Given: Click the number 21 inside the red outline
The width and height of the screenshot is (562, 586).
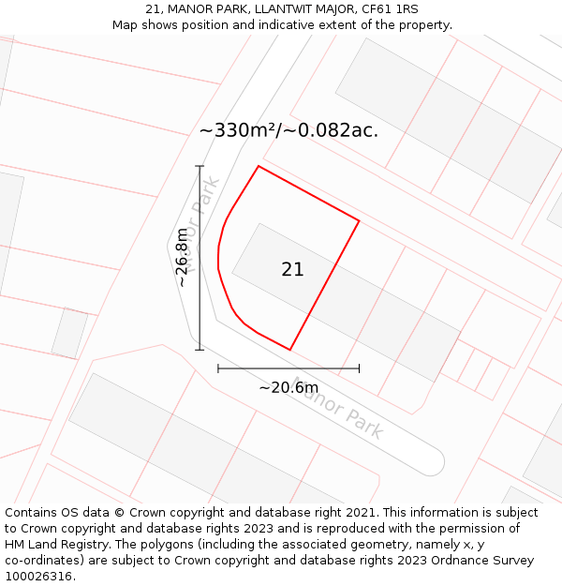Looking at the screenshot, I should (x=292, y=270).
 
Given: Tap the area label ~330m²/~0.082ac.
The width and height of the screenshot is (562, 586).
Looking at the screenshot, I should (x=288, y=131).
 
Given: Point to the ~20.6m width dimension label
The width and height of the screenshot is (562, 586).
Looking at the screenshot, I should (x=288, y=387).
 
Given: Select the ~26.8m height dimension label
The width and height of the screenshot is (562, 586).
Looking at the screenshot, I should (x=183, y=257).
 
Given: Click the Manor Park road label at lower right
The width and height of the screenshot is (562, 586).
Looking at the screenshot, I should (x=338, y=408).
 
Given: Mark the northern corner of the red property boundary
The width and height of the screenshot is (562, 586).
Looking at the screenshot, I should (x=259, y=167).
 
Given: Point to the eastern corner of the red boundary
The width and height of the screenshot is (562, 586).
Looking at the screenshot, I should (x=359, y=221).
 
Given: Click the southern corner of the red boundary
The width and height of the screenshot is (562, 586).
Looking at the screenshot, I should (x=290, y=350).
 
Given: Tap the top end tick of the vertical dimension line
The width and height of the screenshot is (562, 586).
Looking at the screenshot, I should (x=200, y=167).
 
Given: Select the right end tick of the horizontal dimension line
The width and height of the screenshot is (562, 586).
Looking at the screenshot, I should (x=359, y=368).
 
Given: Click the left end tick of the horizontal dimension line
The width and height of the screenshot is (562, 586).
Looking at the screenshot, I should (x=218, y=368).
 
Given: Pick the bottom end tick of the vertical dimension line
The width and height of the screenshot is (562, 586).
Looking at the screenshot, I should (x=200, y=350).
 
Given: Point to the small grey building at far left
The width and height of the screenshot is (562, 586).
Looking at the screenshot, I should (x=69, y=333).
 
